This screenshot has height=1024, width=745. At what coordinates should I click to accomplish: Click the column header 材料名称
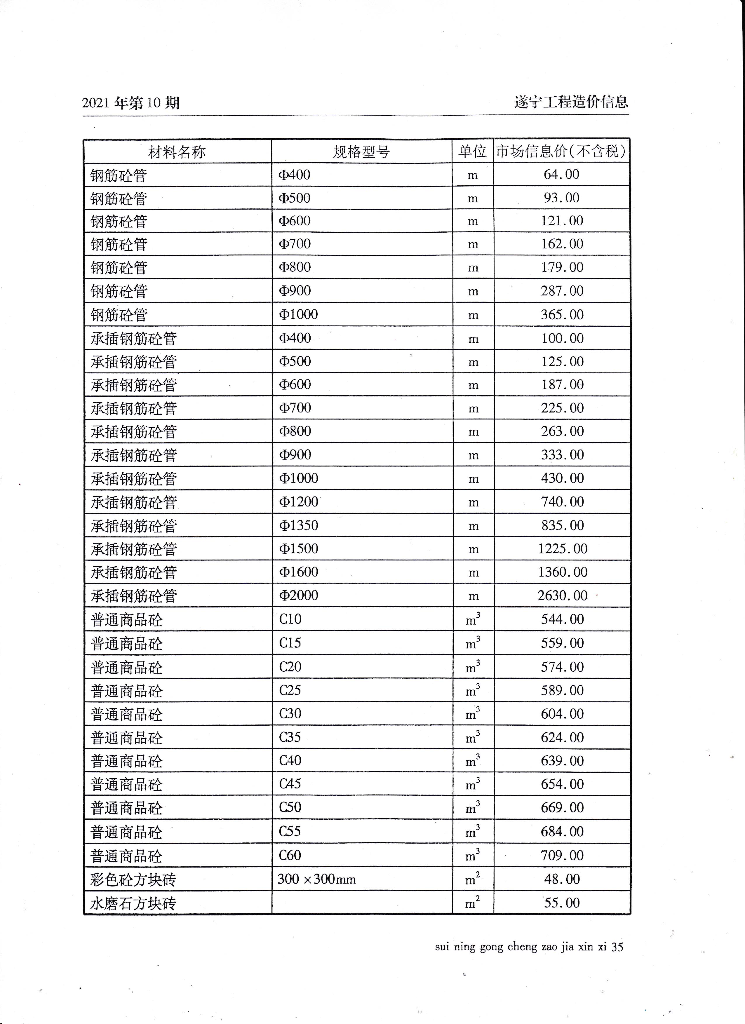(x=177, y=152)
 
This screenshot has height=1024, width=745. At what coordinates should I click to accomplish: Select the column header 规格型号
(x=361, y=152)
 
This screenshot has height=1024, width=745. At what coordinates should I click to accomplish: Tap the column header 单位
(x=472, y=151)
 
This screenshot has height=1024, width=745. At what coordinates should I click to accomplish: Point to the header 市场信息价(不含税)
(x=561, y=151)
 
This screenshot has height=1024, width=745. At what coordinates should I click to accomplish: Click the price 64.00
(x=561, y=174)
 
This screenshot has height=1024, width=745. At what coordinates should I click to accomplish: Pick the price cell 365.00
(x=562, y=315)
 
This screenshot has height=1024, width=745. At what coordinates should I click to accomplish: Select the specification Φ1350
(x=298, y=525)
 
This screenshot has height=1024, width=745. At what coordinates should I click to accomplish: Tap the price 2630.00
(x=562, y=595)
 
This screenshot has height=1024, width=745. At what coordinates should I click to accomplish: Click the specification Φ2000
(x=298, y=595)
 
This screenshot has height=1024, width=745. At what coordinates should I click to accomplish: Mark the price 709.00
(x=562, y=855)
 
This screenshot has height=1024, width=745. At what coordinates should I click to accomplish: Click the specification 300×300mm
(x=316, y=879)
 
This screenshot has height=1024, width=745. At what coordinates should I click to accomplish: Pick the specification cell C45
(x=290, y=784)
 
